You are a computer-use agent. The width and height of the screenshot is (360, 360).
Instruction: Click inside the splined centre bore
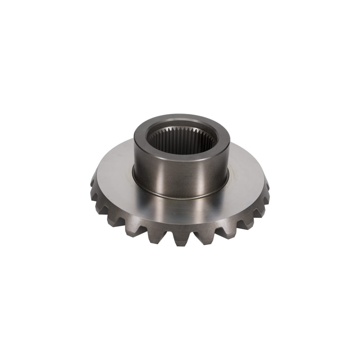(x=182, y=142)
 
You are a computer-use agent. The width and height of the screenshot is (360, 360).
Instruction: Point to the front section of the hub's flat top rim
(x=182, y=158)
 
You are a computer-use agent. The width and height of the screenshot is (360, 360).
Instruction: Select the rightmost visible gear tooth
(x=267, y=185)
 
